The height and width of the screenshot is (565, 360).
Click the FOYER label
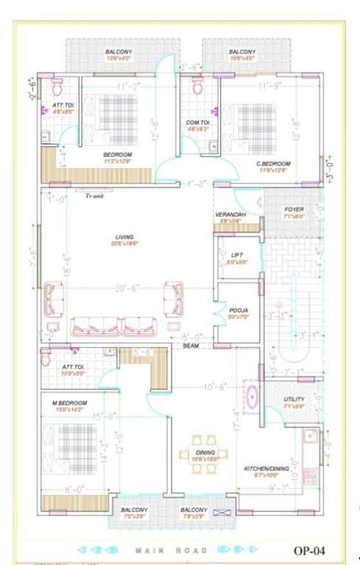(293, 209)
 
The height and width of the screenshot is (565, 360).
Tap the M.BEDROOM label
(70, 403)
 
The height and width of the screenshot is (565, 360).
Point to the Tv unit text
(93, 196)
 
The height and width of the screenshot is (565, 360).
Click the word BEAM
(191, 345)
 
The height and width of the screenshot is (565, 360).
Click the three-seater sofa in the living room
(113, 325)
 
